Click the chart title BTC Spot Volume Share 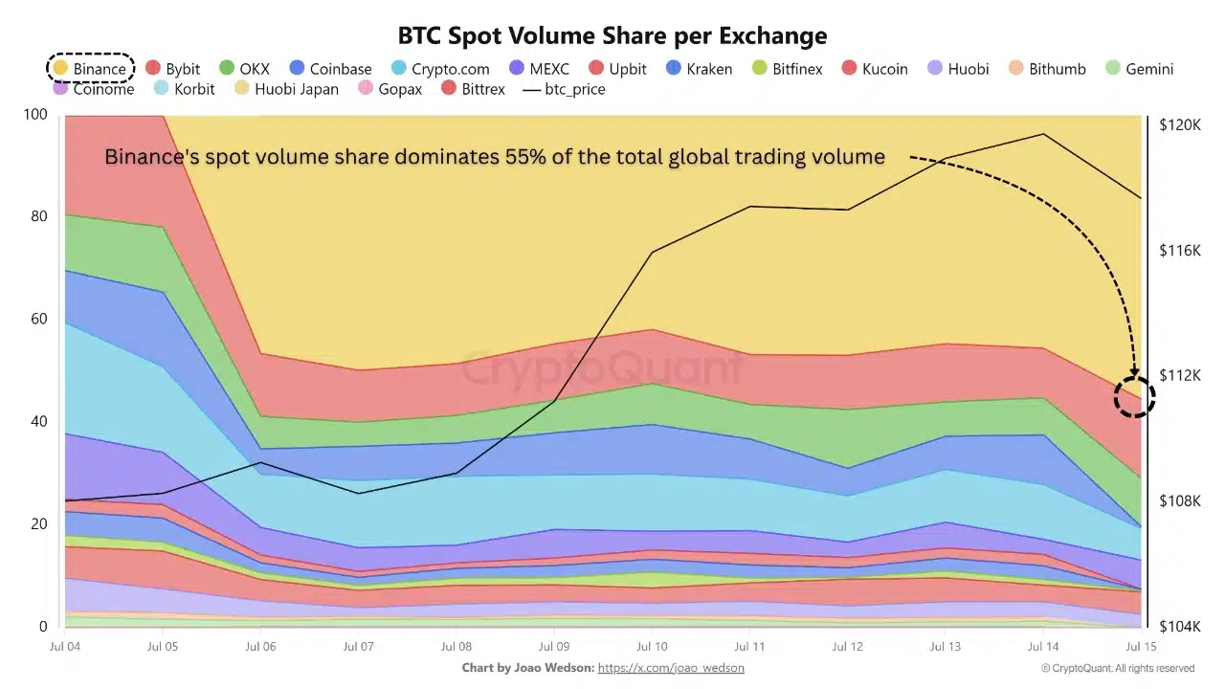(x=612, y=35)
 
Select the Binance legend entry (x=90, y=69)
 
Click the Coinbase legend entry (x=330, y=69)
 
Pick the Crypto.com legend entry (x=440, y=69)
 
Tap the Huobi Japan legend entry (x=286, y=89)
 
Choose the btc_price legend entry (x=564, y=89)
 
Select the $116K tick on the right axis (x=1179, y=250)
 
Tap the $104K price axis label (x=1179, y=626)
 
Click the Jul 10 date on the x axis (x=652, y=647)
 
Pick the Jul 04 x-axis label (x=64, y=647)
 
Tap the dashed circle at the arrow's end (x=1135, y=397)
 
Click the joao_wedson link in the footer (x=671, y=668)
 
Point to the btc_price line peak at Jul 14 (x=1043, y=134)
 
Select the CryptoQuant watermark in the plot (x=603, y=368)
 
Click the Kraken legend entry (x=699, y=69)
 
